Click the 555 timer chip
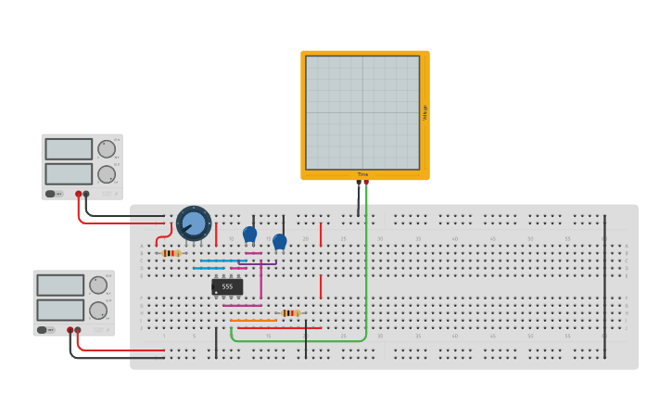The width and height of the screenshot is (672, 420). click(227, 286)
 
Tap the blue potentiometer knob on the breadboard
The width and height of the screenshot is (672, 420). click(194, 223)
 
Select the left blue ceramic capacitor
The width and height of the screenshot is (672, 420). click(249, 235)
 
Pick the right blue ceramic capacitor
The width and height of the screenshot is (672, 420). click(280, 241)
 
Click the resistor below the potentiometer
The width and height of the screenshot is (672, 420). click(171, 253)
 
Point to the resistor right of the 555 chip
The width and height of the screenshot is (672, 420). click(291, 313)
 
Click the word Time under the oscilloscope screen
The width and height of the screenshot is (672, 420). click(362, 174)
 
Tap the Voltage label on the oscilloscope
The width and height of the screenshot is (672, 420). click(425, 112)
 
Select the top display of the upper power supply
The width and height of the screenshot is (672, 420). click(69, 149)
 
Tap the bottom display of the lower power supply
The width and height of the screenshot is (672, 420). click(60, 310)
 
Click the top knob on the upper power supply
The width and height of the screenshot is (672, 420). click(107, 149)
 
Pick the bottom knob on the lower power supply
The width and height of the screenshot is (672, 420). click(98, 311)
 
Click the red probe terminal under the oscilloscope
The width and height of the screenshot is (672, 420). click(366, 183)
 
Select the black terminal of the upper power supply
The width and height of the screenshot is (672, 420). click(86, 194)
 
